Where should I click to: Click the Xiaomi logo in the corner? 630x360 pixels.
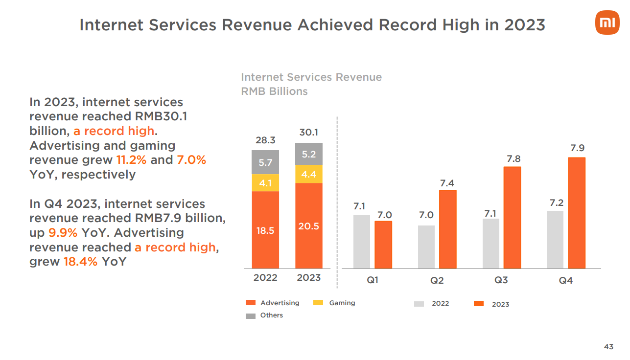point(607,22)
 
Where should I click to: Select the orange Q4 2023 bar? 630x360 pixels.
point(577,213)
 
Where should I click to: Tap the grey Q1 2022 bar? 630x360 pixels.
point(361,242)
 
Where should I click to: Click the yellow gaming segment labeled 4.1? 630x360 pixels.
point(265,183)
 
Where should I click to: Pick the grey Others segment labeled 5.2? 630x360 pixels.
point(308,154)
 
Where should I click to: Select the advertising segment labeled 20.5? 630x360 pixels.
point(308,226)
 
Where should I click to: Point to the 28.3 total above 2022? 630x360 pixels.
point(265,140)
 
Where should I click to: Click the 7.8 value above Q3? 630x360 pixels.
point(513,158)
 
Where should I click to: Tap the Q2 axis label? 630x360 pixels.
point(437,281)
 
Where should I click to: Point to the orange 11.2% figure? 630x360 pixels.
point(131,160)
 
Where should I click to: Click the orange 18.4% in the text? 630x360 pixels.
point(81,262)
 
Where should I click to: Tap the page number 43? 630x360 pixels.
point(608,347)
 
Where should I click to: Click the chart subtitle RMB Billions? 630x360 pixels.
point(274,91)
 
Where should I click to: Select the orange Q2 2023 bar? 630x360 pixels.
point(447,229)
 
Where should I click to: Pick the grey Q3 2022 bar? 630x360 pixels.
point(491,244)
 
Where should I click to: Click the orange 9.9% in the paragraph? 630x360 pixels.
point(63,233)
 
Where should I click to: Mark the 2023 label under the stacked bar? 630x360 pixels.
point(308,278)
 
